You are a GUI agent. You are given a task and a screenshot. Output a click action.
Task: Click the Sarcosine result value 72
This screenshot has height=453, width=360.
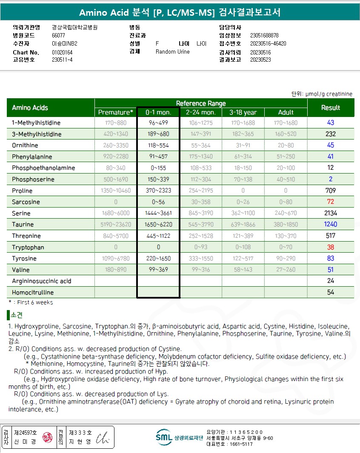[331, 202]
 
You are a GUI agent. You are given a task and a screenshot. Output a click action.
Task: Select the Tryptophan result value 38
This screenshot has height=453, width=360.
[331, 247]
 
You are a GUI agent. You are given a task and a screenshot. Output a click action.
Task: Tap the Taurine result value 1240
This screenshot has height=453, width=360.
[331, 224]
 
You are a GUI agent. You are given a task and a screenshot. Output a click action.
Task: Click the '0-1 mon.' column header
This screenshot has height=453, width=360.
[158, 112]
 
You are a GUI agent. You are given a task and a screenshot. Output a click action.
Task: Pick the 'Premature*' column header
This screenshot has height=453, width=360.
[116, 112]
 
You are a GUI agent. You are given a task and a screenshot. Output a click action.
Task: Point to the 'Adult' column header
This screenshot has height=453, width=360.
[286, 112]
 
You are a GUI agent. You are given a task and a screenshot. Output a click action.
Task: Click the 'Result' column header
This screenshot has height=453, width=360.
[331, 108]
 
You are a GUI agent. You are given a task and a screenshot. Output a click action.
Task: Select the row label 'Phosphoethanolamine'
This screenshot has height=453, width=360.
[43, 168]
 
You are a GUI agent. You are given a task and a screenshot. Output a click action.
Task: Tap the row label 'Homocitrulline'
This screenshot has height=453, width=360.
[33, 292]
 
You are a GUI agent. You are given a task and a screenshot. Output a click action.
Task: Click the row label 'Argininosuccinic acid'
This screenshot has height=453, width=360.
[42, 281]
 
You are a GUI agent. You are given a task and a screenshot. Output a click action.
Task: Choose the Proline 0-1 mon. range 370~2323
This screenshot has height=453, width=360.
[158, 191]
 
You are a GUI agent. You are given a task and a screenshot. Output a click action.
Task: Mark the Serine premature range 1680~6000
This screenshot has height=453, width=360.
[116, 213]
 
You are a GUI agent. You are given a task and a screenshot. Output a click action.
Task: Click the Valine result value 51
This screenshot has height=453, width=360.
[331, 270]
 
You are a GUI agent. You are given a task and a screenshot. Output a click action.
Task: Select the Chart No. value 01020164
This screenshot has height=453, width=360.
[62, 52]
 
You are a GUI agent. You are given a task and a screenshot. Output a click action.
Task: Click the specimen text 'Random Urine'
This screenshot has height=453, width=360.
[173, 51]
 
